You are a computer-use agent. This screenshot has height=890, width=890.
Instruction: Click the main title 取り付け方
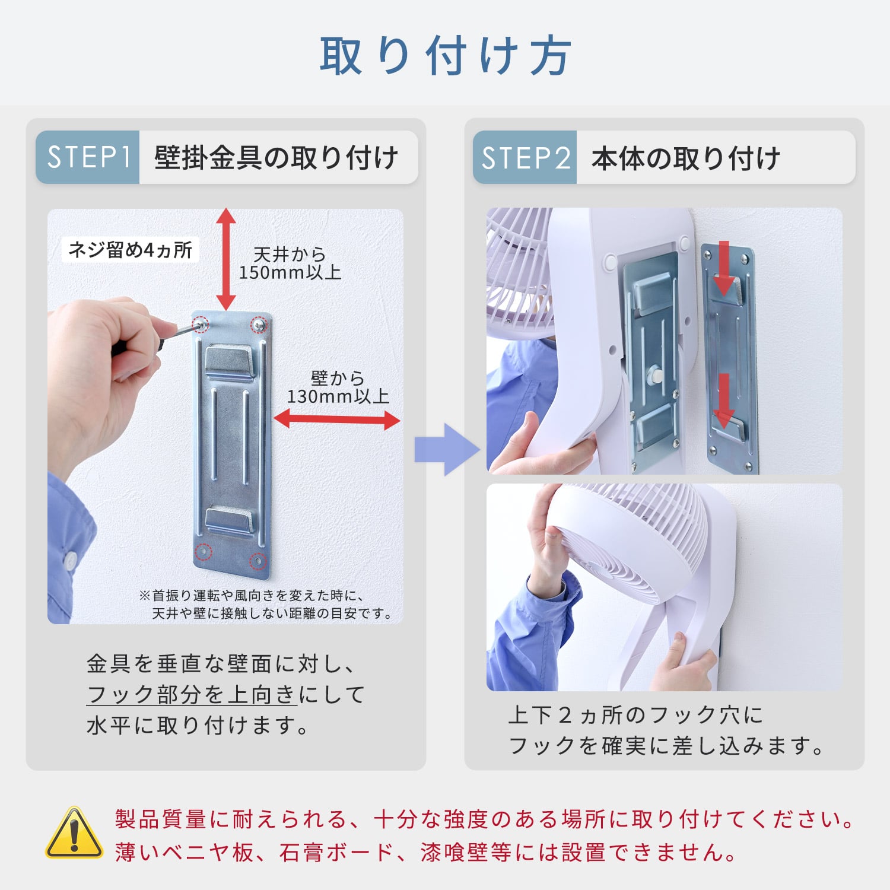pyautogui.click(x=445, y=56)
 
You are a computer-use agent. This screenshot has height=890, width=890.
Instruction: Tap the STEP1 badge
pyautogui.click(x=88, y=157)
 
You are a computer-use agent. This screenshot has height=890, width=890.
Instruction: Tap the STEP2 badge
pyautogui.click(x=525, y=158)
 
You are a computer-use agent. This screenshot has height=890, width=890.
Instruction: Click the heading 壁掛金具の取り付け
pyautogui.click(x=276, y=158)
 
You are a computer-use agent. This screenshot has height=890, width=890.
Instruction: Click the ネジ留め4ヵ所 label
pyautogui.click(x=131, y=250)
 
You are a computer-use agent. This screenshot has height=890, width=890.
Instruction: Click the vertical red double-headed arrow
pyautogui.click(x=225, y=259)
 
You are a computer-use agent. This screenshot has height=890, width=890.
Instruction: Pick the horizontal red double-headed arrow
pyautogui.click(x=336, y=419)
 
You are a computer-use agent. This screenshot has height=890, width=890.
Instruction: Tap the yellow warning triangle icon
pyautogui.click(x=74, y=834)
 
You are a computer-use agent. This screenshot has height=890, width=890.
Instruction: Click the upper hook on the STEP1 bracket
pyautogui.click(x=230, y=361)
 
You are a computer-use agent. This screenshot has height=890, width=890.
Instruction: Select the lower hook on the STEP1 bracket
pyautogui.click(x=230, y=520)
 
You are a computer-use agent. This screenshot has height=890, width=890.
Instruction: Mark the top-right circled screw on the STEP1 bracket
pyautogui.click(x=259, y=325)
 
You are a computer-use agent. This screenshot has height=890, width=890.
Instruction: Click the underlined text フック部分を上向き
pyautogui.click(x=191, y=694)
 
